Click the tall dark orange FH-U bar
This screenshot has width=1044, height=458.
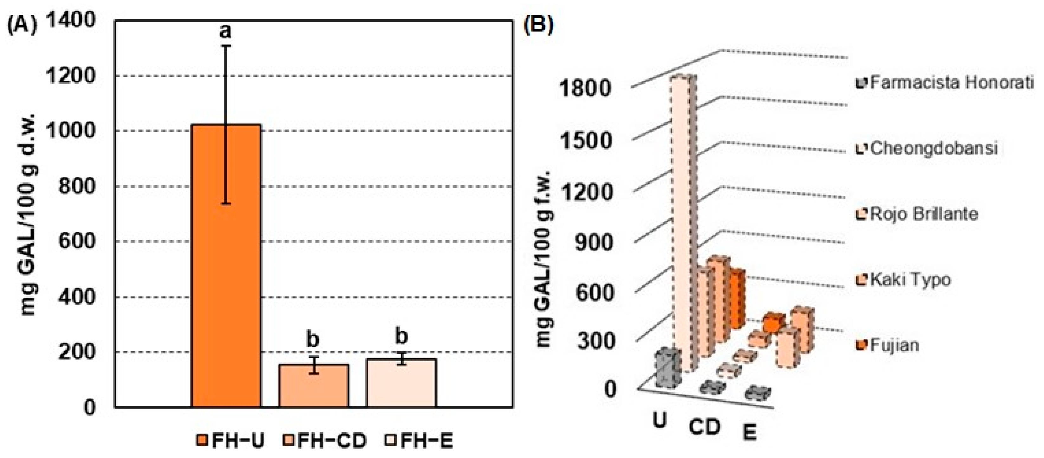point(226,265)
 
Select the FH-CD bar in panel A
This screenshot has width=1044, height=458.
point(313,385)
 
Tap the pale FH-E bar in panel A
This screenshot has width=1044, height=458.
point(401,383)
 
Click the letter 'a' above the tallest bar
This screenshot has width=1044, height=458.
point(225,31)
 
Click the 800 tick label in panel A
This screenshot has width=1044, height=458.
point(77,186)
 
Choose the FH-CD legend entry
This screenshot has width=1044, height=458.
point(324,441)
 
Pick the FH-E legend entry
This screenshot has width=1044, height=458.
point(419,441)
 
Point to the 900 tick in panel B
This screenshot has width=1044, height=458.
point(593,243)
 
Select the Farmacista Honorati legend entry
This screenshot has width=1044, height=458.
point(944,83)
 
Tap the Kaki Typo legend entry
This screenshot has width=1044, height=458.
point(904,280)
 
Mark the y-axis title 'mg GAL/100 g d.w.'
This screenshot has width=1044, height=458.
point(29,215)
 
